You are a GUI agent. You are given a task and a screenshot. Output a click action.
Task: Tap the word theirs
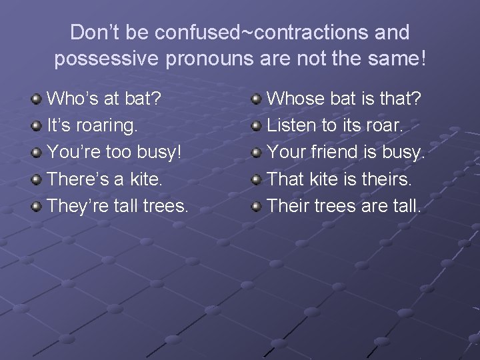pyautogui.click(x=389, y=179)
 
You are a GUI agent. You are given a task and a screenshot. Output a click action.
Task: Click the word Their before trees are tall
pyautogui.click(x=288, y=205)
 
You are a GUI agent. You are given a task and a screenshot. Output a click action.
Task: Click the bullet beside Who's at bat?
pyautogui.click(x=37, y=99)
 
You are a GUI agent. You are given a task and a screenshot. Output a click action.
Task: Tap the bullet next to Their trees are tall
pyautogui.click(x=257, y=206)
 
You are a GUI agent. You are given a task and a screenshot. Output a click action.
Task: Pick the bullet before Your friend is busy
pyautogui.click(x=257, y=153)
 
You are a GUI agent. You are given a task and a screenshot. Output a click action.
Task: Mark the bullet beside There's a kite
pyautogui.click(x=37, y=179)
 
